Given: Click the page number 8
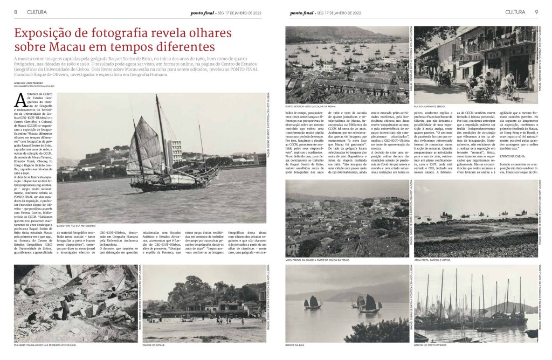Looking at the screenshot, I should tap(16, 12).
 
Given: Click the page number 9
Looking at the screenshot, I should tap(536, 12).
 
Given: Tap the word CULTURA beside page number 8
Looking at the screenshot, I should tap(33, 12).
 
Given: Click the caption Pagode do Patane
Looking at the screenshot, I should tap(153, 344).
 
